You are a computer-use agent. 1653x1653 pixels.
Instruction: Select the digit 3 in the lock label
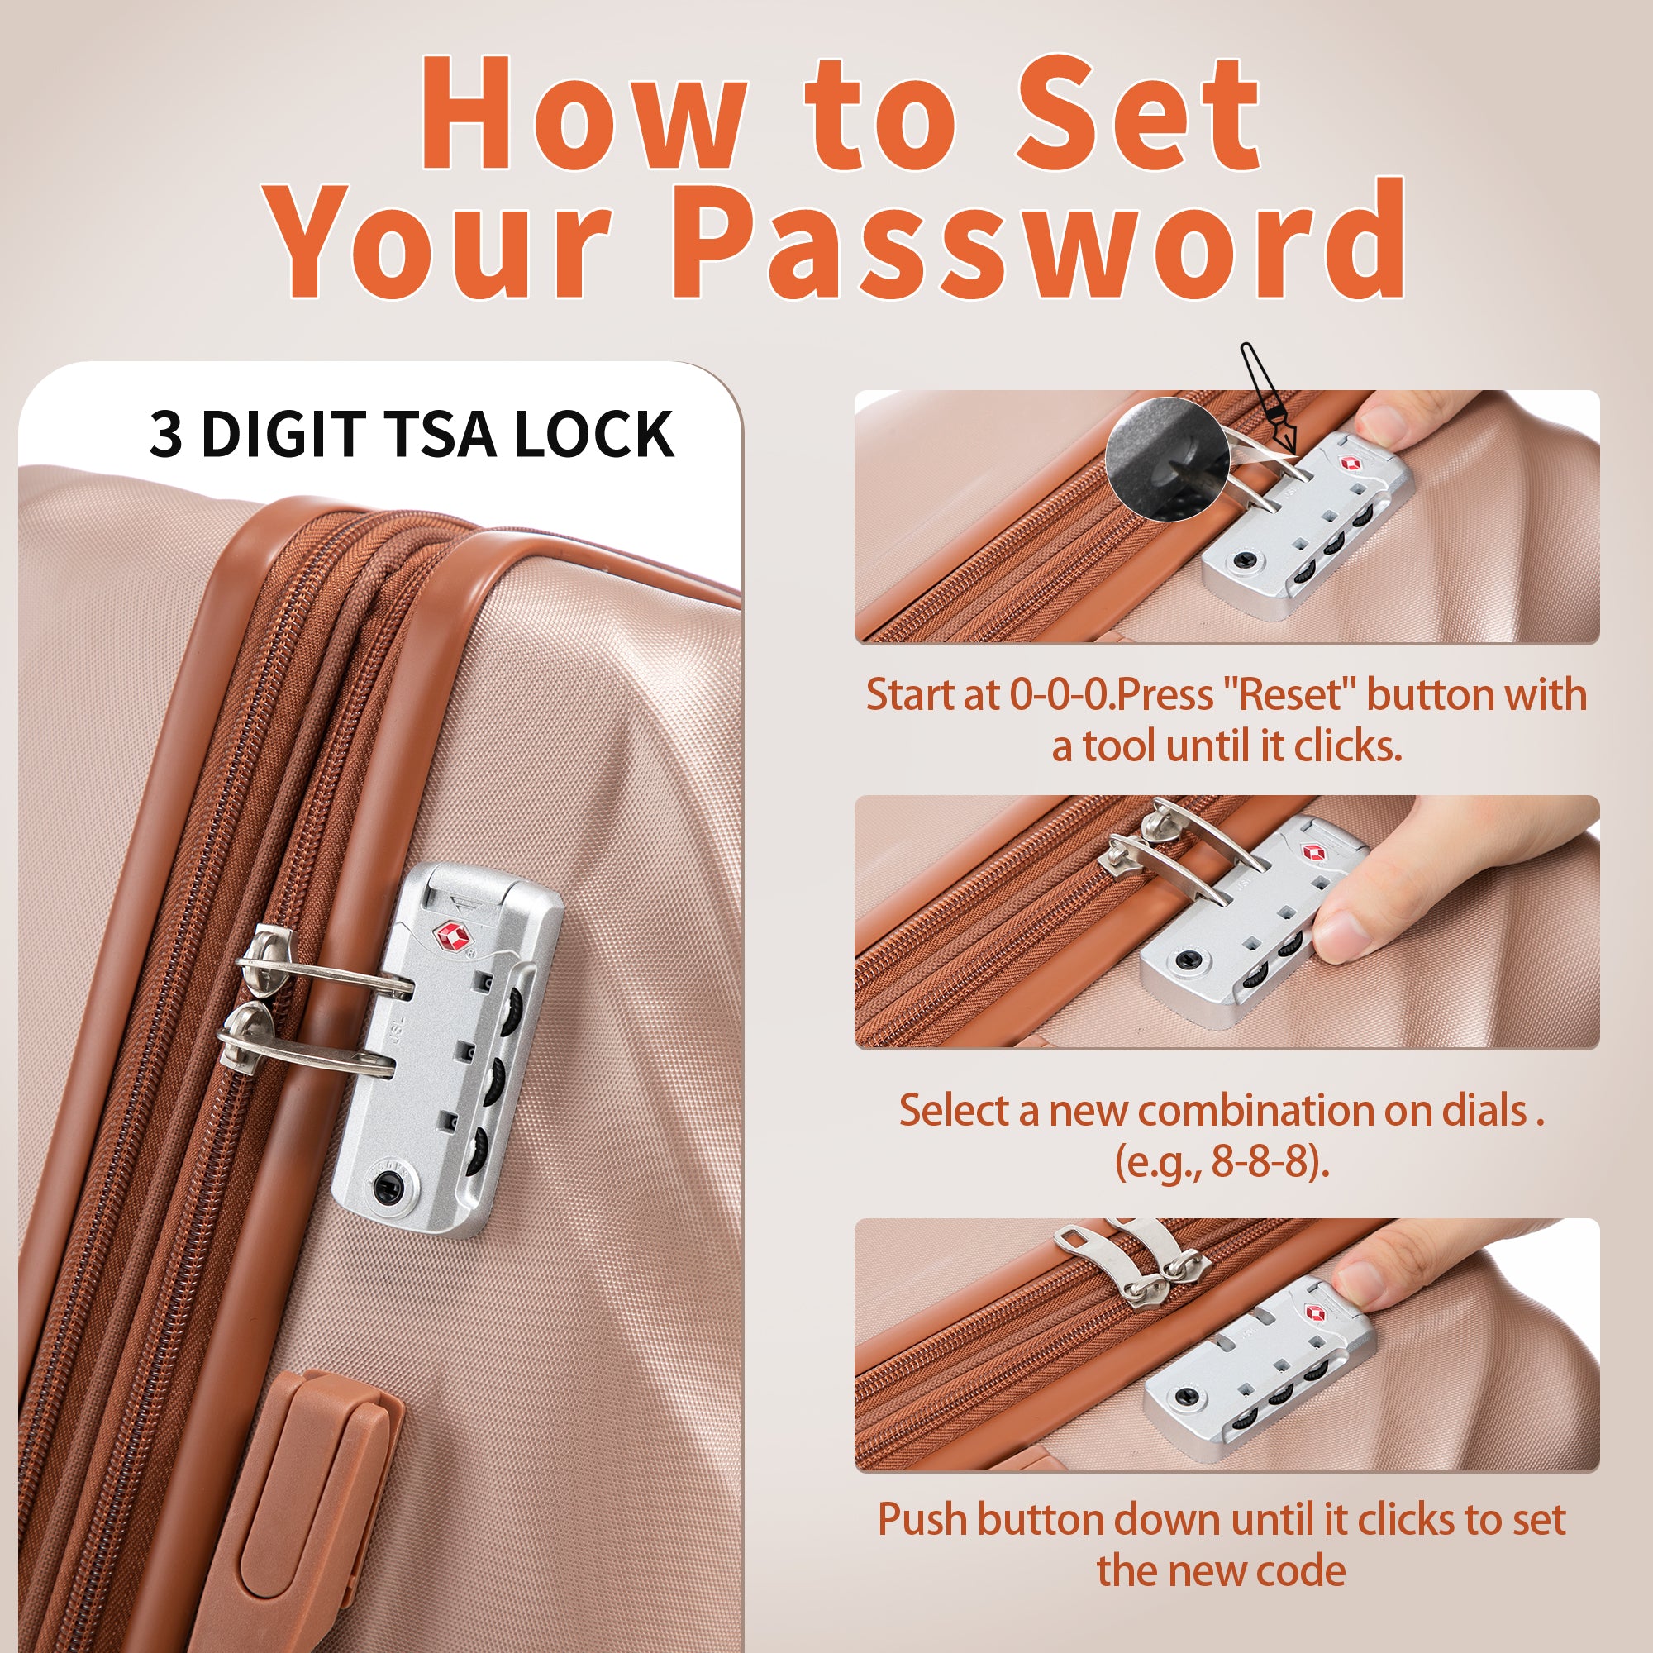click(166, 434)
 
